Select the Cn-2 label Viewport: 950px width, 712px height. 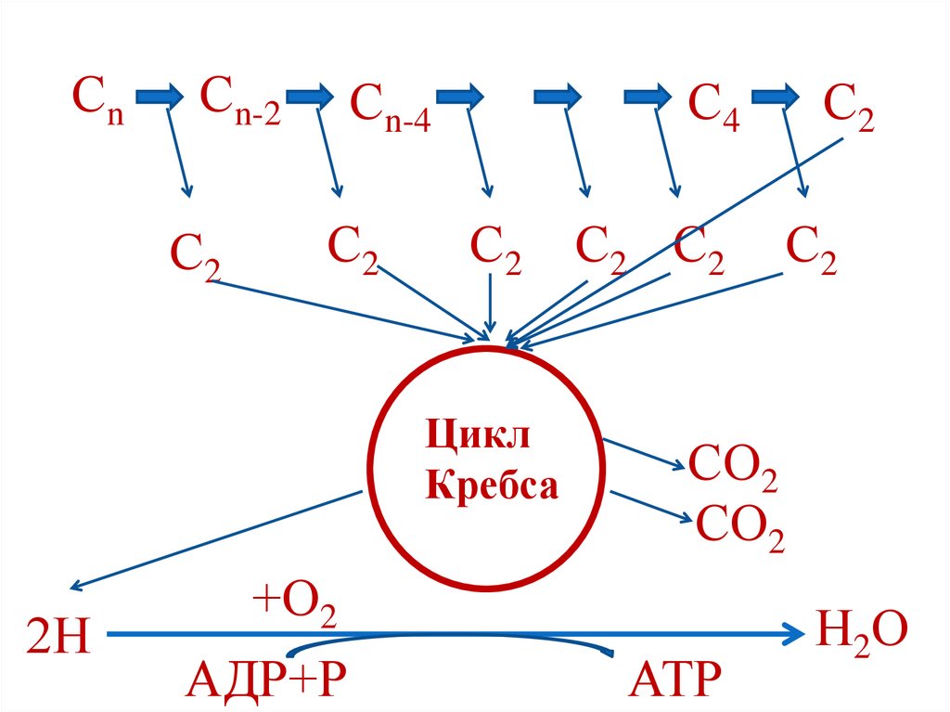[x=240, y=101]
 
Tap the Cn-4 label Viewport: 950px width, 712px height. [x=390, y=107]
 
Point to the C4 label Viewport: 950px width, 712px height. [x=713, y=107]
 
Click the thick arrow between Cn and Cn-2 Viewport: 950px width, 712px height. [x=160, y=95]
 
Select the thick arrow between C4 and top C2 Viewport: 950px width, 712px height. [x=776, y=95]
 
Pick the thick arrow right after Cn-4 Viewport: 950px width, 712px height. [x=460, y=95]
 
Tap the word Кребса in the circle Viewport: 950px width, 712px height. [x=492, y=485]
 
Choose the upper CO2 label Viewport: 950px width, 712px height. [x=732, y=468]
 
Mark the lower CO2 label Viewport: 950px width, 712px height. [x=739, y=530]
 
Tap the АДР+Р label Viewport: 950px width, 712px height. [x=266, y=681]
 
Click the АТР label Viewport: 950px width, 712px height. [x=674, y=681]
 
